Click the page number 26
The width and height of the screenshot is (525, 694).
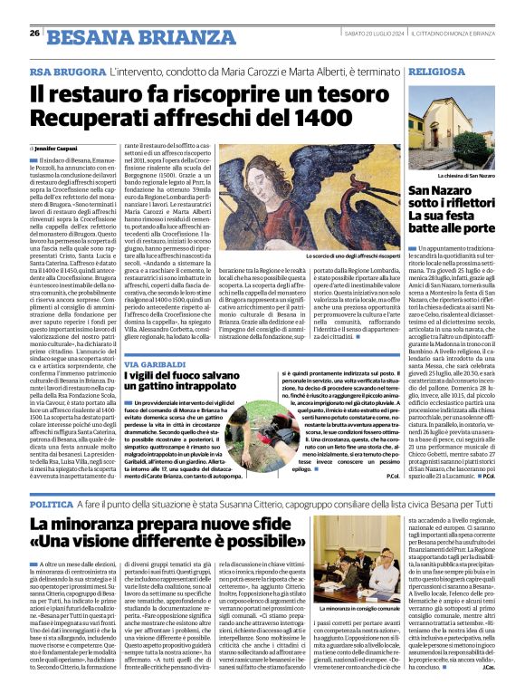34,34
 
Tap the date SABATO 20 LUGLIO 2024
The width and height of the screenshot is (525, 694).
374,34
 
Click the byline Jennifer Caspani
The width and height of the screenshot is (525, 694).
57,147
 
